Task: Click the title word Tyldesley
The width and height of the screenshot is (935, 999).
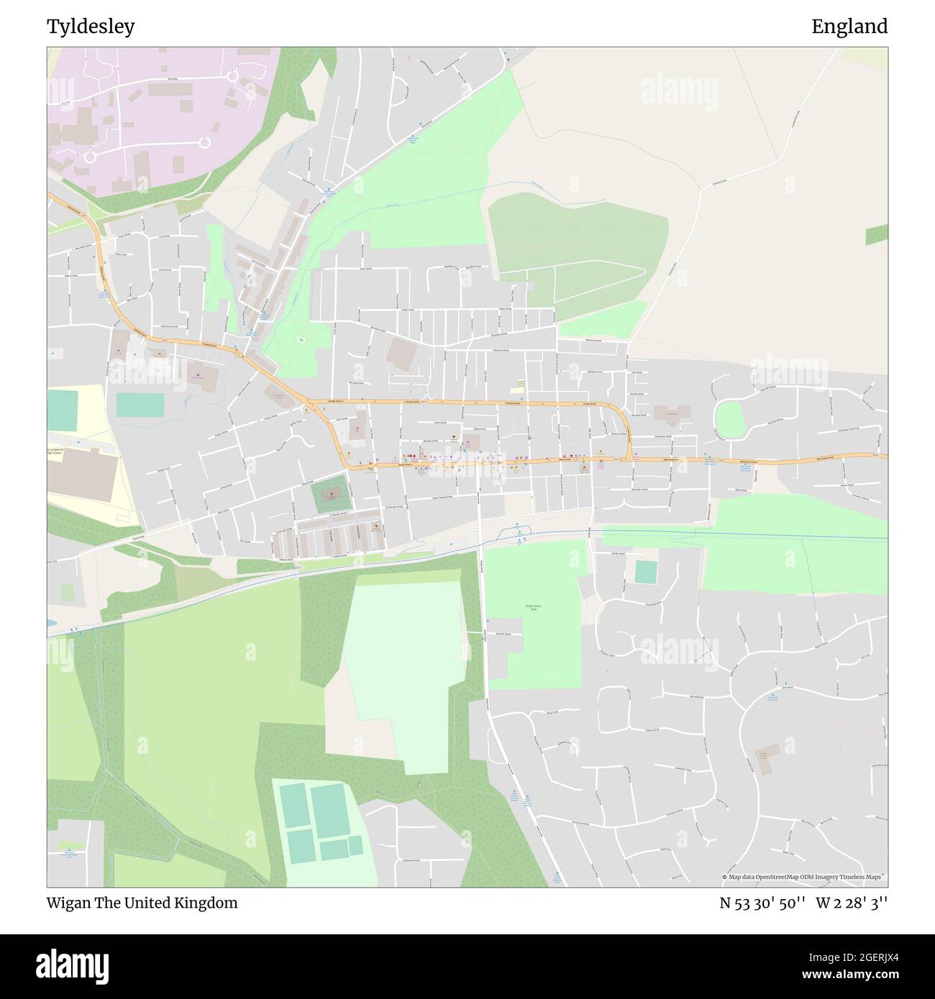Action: tap(91, 27)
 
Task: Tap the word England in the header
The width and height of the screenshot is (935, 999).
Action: tap(849, 27)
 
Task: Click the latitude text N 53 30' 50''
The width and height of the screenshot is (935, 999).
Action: tap(764, 903)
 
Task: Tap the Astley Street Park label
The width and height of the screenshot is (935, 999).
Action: tap(532, 608)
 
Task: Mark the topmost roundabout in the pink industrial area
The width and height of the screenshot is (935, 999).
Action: tap(233, 75)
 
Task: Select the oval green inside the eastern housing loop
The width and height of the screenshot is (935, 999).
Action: tap(729, 418)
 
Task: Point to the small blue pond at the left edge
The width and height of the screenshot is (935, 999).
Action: tap(50, 622)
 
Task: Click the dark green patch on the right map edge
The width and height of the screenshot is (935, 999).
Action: tap(877, 234)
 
